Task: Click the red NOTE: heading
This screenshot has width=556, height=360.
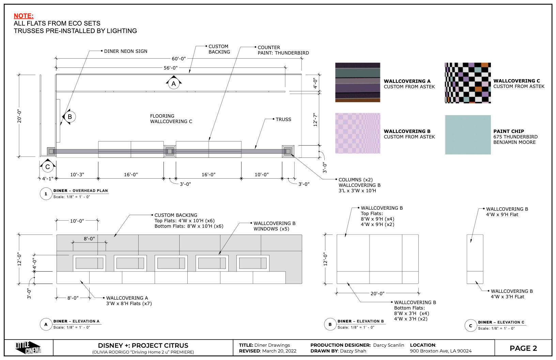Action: pyautogui.click(x=24, y=16)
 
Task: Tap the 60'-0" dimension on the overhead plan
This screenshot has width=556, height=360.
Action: pyautogui.click(x=179, y=59)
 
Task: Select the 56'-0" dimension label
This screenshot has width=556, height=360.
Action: pyautogui.click(x=171, y=68)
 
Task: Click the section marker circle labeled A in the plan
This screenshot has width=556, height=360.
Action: pyautogui.click(x=174, y=84)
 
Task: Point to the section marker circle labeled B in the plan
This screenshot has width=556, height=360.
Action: pyautogui.click(x=70, y=117)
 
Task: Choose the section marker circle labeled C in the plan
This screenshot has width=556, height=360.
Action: pyautogui.click(x=48, y=167)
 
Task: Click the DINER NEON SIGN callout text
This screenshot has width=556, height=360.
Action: pyautogui.click(x=126, y=51)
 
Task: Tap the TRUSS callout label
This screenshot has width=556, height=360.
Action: pyautogui.click(x=283, y=119)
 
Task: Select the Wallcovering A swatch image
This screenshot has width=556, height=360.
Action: pyautogui.click(x=358, y=82)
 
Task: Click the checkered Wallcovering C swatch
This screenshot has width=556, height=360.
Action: pyautogui.click(x=468, y=83)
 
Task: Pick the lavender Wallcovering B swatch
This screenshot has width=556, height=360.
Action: pyautogui.click(x=358, y=133)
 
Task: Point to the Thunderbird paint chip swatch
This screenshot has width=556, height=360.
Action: pyautogui.click(x=468, y=135)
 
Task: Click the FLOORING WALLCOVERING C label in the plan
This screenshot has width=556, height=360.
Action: pyautogui.click(x=171, y=119)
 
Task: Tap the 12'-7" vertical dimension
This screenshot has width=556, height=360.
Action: pyautogui.click(x=315, y=120)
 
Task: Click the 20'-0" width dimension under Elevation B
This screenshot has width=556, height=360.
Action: pyautogui.click(x=377, y=294)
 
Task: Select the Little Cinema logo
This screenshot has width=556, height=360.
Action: pyautogui.click(x=28, y=348)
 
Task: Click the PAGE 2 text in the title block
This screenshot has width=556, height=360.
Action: pyautogui.click(x=523, y=348)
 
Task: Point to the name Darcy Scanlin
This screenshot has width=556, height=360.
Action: pyautogui.click(x=388, y=345)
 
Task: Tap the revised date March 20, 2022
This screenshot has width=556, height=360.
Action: pyautogui.click(x=279, y=351)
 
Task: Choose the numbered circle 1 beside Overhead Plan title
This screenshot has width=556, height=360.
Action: pyautogui.click(x=46, y=194)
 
